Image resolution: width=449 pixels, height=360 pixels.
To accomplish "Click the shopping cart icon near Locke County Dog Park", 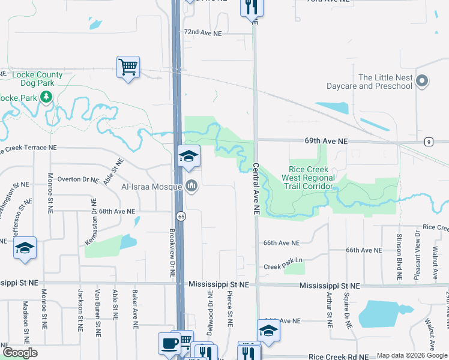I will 128,67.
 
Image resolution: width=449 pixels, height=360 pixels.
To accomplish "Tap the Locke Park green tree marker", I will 46,97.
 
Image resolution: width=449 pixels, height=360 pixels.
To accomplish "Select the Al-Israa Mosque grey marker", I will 191,187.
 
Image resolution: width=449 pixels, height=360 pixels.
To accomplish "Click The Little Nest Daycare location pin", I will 422,82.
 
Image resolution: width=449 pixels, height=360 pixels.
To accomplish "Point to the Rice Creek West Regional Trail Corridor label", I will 312,178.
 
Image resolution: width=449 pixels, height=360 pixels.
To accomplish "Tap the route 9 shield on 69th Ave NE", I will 429,142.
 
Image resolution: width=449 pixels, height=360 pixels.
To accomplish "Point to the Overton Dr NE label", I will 77,179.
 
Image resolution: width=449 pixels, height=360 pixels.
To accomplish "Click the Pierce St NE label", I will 230,309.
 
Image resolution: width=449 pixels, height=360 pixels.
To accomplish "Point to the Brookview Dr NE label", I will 172,251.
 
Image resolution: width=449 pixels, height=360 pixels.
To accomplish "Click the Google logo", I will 20,353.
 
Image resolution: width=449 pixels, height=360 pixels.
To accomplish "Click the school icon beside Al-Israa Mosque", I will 189,158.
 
